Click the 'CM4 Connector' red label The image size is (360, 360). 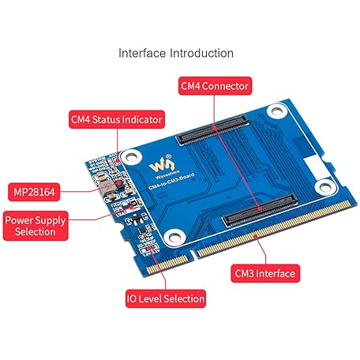click(215, 85)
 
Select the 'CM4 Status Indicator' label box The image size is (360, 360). click(115, 120)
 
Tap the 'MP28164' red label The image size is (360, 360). click(36, 191)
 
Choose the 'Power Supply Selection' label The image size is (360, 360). click(35, 226)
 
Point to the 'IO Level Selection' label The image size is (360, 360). click(165, 299)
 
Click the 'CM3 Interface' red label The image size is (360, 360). click(264, 274)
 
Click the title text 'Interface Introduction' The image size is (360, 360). click(176, 54)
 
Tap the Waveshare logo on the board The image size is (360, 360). click(161, 168)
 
